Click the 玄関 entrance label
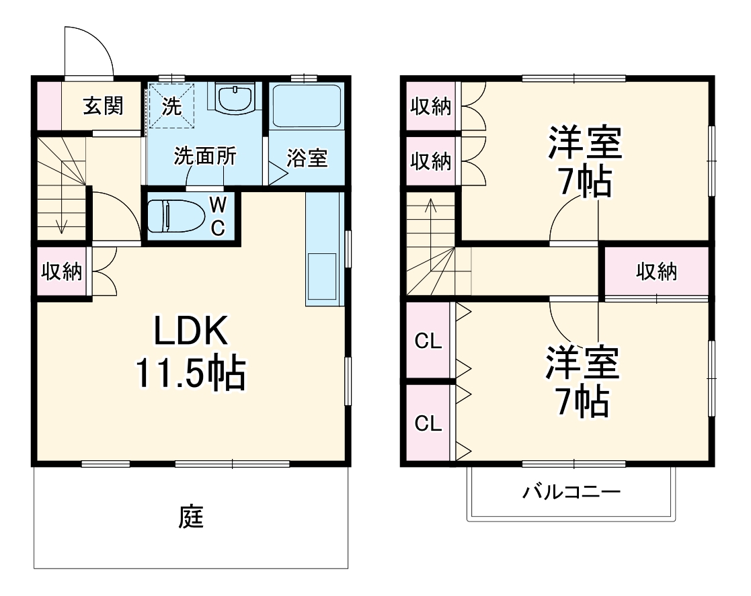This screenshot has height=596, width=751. [103, 106]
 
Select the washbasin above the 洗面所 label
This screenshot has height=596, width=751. [236, 99]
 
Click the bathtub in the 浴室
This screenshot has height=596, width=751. [307, 105]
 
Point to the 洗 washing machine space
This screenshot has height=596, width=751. [171, 105]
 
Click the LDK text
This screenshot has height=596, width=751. [192, 332]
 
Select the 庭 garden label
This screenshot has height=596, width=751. [192, 517]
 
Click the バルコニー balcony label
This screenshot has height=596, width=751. [571, 493]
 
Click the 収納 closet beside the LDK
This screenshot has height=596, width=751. [62, 271]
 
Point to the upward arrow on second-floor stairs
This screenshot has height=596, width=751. [431, 212]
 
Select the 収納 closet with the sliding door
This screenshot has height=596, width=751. [657, 272]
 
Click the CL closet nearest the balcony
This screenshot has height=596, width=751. [428, 423]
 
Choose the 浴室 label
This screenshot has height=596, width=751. [307, 159]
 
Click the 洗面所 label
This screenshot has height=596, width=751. [205, 157]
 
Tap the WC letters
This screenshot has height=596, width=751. [218, 215]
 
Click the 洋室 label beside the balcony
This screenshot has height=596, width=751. [582, 363]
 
